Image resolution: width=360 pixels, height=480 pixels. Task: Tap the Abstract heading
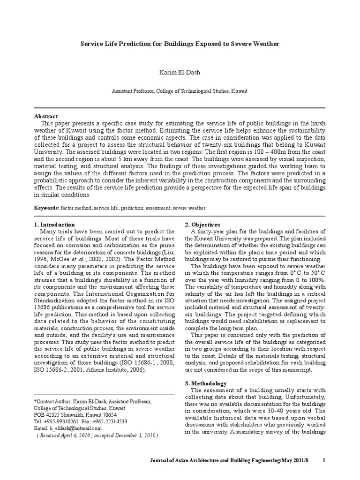point(46,116)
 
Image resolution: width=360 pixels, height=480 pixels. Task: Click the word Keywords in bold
point(47,207)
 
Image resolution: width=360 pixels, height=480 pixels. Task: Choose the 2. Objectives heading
point(202,225)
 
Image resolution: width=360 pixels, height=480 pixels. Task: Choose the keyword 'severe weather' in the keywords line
point(189,207)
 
